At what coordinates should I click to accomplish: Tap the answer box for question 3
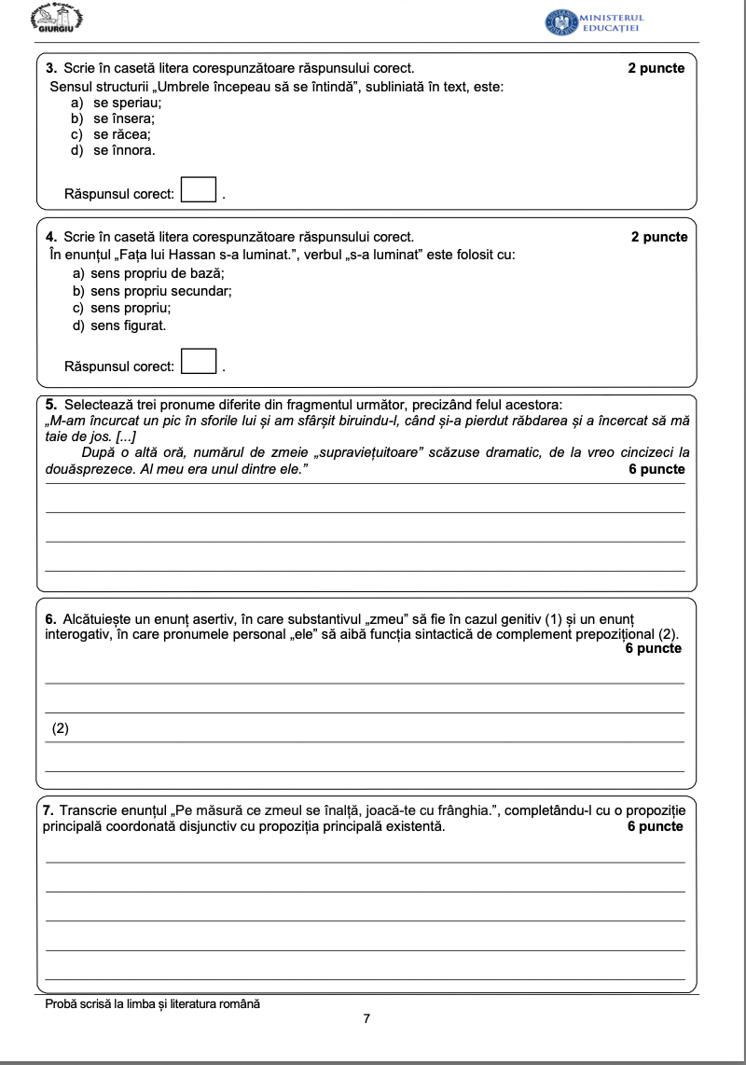pos(198,190)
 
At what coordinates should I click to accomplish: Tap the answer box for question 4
pos(198,362)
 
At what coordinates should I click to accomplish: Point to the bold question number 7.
pos(49,810)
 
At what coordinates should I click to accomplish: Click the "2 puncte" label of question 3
pos(656,68)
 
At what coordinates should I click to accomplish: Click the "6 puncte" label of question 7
pos(656,826)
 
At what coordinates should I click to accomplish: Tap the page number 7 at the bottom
pos(367,1019)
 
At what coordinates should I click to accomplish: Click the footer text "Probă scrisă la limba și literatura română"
pos(153,1003)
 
